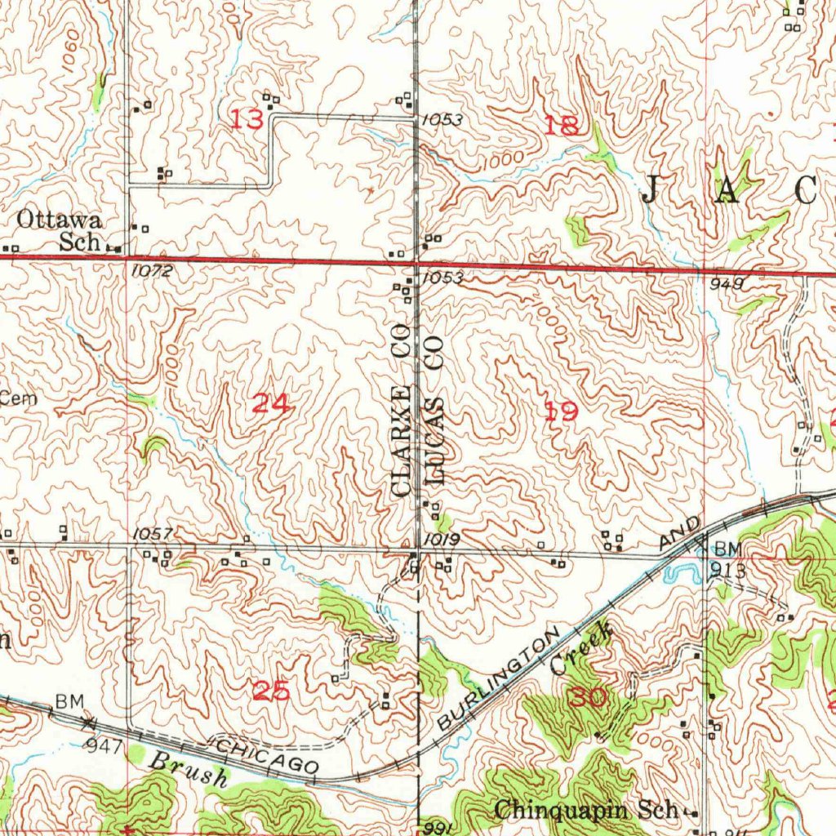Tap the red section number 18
click(x=561, y=125)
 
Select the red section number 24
click(x=271, y=403)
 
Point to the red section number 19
click(x=561, y=412)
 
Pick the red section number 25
click(x=271, y=691)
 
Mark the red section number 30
click(x=589, y=696)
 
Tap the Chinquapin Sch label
click(x=587, y=810)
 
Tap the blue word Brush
click(x=188, y=769)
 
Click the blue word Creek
click(x=581, y=647)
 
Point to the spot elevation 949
click(x=727, y=283)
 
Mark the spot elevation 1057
click(x=152, y=535)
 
